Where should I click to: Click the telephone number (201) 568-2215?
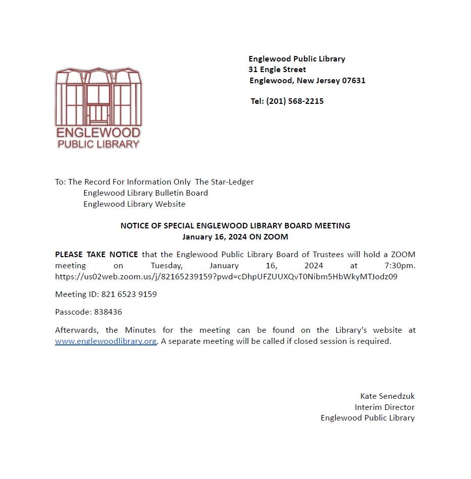[295, 101]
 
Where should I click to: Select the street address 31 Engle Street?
[277, 70]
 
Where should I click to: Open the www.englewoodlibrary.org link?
[106, 341]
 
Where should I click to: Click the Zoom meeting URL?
[226, 276]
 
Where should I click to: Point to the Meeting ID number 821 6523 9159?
[129, 294]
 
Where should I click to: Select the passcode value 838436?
[108, 312]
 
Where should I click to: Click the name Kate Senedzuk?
[387, 396]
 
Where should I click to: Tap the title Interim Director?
[385, 407]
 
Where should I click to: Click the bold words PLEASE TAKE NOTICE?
[96, 255]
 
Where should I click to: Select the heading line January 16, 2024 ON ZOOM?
[235, 236]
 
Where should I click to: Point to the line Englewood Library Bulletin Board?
[145, 193]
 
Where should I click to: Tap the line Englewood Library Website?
[134, 204]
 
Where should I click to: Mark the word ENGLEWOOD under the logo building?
[98, 133]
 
